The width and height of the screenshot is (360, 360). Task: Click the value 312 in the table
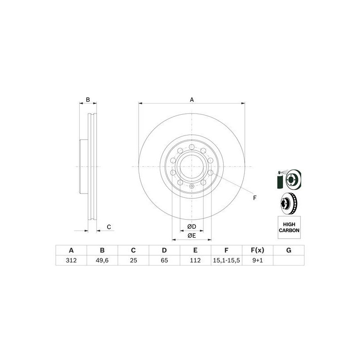(x=71, y=261)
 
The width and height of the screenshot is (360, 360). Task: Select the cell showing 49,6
(x=102, y=261)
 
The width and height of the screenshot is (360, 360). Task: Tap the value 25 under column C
(x=133, y=261)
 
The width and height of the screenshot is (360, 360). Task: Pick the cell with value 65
(x=164, y=261)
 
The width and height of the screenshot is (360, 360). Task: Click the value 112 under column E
(x=195, y=261)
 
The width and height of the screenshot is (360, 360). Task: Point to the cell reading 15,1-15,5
(x=226, y=261)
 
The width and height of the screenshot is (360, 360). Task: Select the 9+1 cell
(x=257, y=261)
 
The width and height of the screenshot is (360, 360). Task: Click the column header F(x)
(x=257, y=250)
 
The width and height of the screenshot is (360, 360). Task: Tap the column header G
(x=288, y=250)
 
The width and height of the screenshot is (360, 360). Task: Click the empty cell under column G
(x=288, y=261)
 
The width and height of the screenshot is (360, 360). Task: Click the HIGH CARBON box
(x=288, y=226)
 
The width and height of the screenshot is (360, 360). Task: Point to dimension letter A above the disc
(x=192, y=99)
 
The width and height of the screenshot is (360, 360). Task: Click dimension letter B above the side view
(x=88, y=99)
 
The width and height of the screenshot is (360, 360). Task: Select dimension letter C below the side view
(x=108, y=227)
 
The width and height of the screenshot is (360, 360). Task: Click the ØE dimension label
(x=192, y=235)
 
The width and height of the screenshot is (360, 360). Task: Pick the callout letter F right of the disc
(x=254, y=198)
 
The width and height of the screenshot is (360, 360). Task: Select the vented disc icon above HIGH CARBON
(x=288, y=203)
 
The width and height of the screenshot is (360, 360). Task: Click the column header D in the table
(x=164, y=250)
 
